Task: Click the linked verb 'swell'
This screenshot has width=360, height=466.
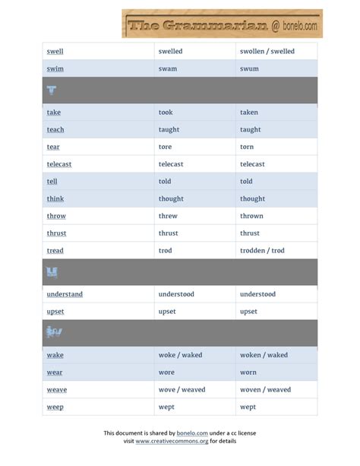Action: pyautogui.click(x=55, y=52)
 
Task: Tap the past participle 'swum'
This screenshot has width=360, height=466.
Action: pyautogui.click(x=249, y=68)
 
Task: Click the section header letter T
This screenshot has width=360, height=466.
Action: pyautogui.click(x=52, y=90)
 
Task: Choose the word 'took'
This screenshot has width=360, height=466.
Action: pyautogui.click(x=166, y=113)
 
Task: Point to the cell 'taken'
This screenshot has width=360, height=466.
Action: pyautogui.click(x=249, y=113)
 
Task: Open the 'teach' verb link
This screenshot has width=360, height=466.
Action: pyautogui.click(x=55, y=130)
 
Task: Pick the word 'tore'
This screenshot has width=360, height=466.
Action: pyautogui.click(x=165, y=147)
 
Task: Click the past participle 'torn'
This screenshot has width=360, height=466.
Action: pyautogui.click(x=248, y=147)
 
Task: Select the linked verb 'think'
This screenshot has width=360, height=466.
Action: pyautogui.click(x=55, y=199)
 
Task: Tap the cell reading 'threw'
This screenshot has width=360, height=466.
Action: pyautogui.click(x=168, y=216)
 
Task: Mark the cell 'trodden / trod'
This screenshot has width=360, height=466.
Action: pyautogui.click(x=262, y=251)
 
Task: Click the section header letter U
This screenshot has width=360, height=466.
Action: pyautogui.click(x=52, y=272)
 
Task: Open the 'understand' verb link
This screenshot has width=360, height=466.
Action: pyautogui.click(x=65, y=294)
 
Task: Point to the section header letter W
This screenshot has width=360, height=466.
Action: pyautogui.click(x=53, y=332)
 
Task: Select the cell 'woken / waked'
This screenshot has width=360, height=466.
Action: pyautogui.click(x=264, y=355)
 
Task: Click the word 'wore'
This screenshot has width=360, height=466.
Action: pyautogui.click(x=166, y=372)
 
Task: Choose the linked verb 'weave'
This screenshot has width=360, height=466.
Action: pyautogui.click(x=57, y=390)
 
